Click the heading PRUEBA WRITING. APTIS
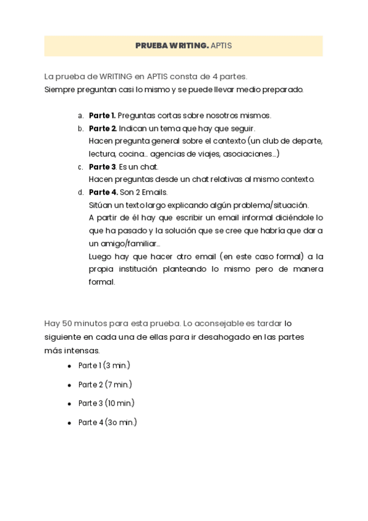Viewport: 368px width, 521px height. (x=183, y=46)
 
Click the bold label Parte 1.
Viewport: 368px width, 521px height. (x=102, y=116)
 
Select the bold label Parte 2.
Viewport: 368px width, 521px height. (x=102, y=128)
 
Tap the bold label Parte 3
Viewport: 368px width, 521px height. (x=102, y=166)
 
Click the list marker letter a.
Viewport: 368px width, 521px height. (x=80, y=116)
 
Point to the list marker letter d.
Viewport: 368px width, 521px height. (x=80, y=192)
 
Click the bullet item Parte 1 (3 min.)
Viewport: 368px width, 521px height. (x=104, y=366)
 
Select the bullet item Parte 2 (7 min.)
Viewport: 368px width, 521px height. (x=105, y=385)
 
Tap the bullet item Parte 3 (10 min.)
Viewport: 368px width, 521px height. (x=106, y=403)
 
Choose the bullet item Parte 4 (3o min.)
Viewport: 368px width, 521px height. (x=107, y=422)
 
